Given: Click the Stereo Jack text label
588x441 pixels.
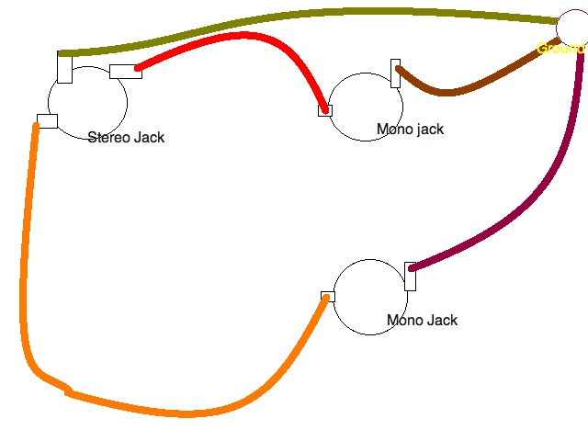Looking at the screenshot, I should click(126, 138).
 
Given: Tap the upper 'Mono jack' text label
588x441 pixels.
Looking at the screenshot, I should click(410, 130).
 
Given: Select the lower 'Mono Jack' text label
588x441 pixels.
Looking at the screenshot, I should click(422, 321).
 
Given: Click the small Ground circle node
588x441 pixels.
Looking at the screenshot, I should click(573, 28).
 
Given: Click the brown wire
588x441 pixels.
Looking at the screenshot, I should click(450, 91).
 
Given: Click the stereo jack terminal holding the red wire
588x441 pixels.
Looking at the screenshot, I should click(125, 72).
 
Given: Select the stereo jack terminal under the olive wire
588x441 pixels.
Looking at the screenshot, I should click(64, 70).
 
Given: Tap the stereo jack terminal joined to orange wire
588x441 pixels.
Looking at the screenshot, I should click(47, 120).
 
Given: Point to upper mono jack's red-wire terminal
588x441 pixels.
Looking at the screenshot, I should click(324, 110).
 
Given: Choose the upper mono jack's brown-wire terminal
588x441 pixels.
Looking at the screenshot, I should click(396, 74).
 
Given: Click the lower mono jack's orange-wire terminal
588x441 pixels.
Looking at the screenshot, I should click(327, 296).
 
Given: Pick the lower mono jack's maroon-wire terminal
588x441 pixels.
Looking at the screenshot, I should click(410, 276).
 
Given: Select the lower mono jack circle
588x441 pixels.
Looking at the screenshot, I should click(369, 296).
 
